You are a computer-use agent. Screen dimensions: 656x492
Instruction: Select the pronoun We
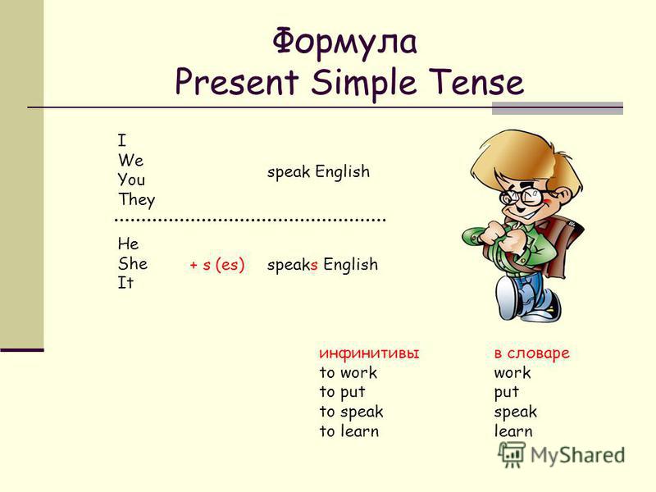click(130, 160)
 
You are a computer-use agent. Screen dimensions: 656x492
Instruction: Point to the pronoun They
click(136, 199)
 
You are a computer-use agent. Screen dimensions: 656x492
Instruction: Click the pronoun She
click(133, 263)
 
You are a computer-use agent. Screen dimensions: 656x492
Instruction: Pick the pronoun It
click(125, 283)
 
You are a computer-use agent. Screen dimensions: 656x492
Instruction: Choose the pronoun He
click(128, 244)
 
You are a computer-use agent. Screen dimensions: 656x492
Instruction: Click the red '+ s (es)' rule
click(217, 265)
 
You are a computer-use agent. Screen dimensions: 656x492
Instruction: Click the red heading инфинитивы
click(369, 353)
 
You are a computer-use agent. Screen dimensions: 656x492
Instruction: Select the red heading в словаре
click(531, 353)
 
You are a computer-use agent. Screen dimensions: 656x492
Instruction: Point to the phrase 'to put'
click(342, 392)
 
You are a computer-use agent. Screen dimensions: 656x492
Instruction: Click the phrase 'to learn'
click(349, 431)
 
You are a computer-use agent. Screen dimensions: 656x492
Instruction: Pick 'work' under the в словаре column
click(512, 372)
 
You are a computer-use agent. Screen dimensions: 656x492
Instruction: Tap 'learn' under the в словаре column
click(513, 431)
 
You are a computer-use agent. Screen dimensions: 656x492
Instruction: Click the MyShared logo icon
click(511, 454)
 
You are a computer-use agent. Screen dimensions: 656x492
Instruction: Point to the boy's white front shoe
click(508, 296)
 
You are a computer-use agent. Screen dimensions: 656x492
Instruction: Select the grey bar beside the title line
click(558, 108)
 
